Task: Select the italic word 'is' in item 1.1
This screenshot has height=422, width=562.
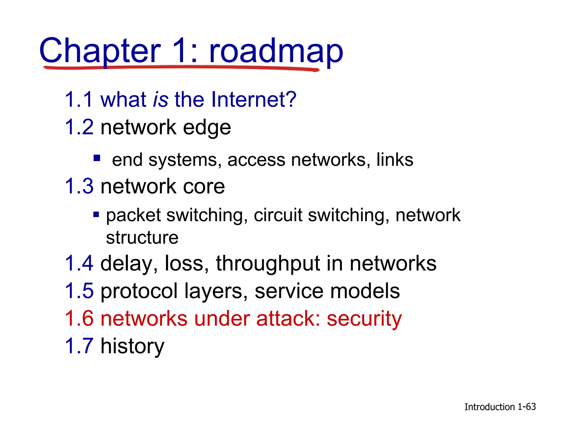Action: tap(161, 99)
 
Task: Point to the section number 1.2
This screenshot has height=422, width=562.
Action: tap(79, 127)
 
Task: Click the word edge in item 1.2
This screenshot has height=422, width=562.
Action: tap(207, 128)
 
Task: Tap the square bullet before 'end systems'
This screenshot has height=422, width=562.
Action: tap(97, 158)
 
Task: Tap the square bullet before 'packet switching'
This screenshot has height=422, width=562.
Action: tap(96, 214)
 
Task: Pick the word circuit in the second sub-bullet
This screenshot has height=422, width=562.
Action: tap(278, 215)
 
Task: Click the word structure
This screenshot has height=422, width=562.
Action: tap(142, 238)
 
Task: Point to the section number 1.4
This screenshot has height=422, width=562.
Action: tap(79, 263)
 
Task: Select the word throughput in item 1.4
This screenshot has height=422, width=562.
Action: tap(268, 264)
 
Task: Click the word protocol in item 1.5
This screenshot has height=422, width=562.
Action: tap(139, 291)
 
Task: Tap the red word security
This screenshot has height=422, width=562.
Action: tap(364, 319)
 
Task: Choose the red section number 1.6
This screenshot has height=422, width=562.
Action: tap(79, 318)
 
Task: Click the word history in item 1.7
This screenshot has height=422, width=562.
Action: tap(132, 346)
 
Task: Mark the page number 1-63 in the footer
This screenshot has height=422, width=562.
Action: tap(527, 407)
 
